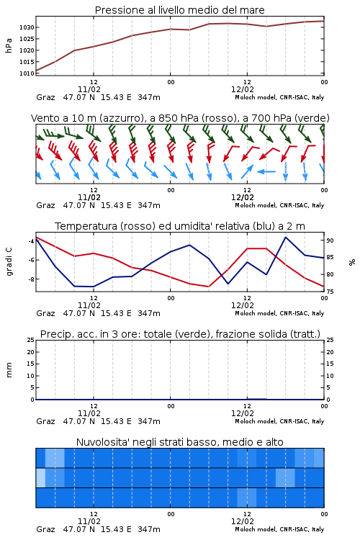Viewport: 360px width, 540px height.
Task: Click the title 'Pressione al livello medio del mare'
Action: coord(179,10)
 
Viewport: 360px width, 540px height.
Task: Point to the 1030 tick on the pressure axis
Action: coord(27,27)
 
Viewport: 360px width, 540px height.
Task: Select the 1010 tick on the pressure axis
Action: coord(27,73)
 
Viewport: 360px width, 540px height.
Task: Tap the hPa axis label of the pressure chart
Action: coord(9,45)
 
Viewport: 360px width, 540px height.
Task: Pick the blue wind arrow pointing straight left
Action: coord(266,171)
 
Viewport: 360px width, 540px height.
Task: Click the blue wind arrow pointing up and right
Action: coord(247,171)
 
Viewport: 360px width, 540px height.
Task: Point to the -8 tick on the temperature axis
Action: coord(31,279)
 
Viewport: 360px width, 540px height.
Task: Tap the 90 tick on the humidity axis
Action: coord(330,240)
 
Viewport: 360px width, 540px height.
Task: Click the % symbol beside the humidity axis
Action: coord(352,262)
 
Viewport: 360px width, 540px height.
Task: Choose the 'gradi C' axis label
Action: coord(9,262)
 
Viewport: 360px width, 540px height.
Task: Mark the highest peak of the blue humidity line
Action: coord(286,238)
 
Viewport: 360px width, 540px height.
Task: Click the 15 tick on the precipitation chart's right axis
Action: coord(330,364)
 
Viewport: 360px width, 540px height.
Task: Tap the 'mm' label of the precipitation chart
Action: coord(9,370)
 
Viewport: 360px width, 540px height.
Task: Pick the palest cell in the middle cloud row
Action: coord(40,477)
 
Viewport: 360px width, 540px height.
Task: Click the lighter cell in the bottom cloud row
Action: coord(247,498)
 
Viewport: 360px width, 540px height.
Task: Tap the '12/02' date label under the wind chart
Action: coord(243,198)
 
